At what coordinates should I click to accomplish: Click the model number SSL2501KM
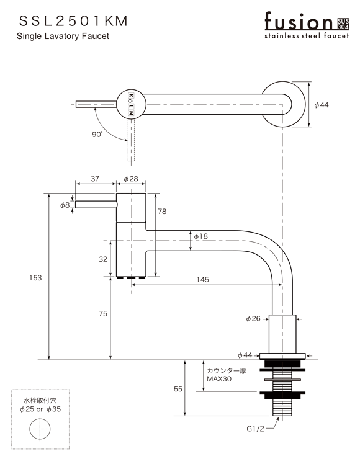pyautogui.click(x=73, y=21)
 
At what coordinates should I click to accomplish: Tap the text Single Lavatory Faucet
pyautogui.click(x=63, y=36)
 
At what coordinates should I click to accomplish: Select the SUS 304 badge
pyautogui.click(x=343, y=24)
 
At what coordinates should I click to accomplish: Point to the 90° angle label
pyautogui.click(x=97, y=135)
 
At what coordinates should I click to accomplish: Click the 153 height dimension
pyautogui.click(x=35, y=277)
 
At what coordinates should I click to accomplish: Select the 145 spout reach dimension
pyautogui.click(x=202, y=279)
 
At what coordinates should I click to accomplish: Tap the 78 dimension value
pyautogui.click(x=162, y=212)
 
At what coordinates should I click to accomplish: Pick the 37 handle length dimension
pyautogui.click(x=95, y=179)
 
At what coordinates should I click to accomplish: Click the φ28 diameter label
pyautogui.click(x=131, y=179)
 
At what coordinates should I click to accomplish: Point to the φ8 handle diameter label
pyautogui.click(x=65, y=205)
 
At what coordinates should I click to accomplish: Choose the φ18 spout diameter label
pyautogui.click(x=200, y=236)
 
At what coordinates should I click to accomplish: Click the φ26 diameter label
pyautogui.click(x=253, y=319)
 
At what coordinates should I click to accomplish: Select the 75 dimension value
pyautogui.click(x=103, y=314)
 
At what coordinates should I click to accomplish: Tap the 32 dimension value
pyautogui.click(x=103, y=259)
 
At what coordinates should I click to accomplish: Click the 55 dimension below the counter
pyautogui.click(x=178, y=389)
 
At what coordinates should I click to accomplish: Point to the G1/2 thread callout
pyautogui.click(x=255, y=429)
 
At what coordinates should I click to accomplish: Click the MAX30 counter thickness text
pyautogui.click(x=219, y=379)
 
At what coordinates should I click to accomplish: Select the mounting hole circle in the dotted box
pyautogui.click(x=40, y=429)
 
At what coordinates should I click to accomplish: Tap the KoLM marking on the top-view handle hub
pyautogui.click(x=131, y=104)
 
